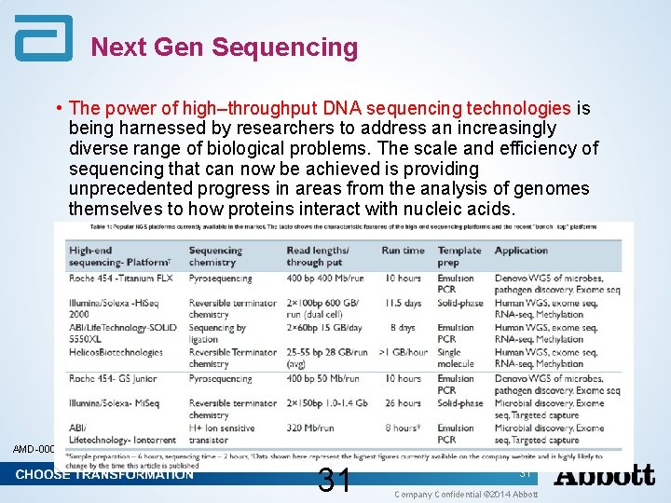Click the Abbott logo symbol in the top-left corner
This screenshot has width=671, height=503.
[43, 38]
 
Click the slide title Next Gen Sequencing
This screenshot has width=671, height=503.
[224, 48]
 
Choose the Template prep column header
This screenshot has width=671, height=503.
[459, 256]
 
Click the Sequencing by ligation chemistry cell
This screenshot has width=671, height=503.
[217, 333]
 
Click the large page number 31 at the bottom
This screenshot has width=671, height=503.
[334, 481]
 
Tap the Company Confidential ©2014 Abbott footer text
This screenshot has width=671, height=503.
[466, 494]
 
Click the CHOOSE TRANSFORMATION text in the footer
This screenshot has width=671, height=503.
[104, 475]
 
